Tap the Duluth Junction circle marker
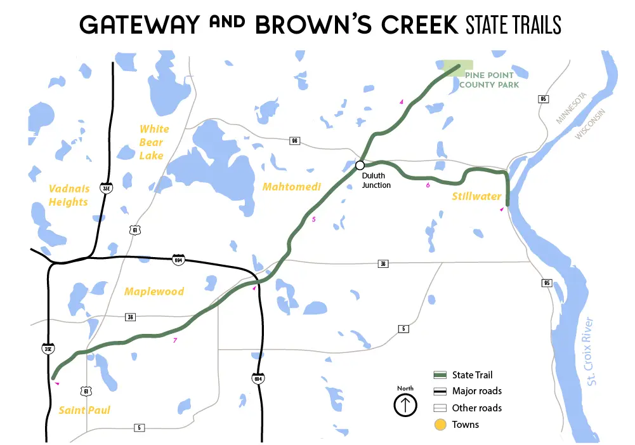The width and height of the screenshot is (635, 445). pos(360,164)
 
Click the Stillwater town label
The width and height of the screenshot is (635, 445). pos(476,196)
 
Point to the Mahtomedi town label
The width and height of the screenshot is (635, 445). pos(292,187)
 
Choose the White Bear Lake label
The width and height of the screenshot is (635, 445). pos(154,142)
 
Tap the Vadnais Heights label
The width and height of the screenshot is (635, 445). pos(68,195)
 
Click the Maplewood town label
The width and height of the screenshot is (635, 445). pos(154,292)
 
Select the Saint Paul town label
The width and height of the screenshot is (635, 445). pos(84,410)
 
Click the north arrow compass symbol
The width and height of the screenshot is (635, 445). pos(405,404)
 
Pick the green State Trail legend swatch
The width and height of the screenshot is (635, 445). pos(440,375)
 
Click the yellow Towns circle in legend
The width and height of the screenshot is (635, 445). pos(440,425)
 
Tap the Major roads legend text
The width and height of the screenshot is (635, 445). pos(476,391)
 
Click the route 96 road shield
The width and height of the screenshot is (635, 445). pos(294,141)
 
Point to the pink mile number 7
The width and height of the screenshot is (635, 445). pos(174,341)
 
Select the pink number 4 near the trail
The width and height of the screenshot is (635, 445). pos(401,102)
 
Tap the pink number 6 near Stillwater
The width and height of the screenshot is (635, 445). pos(428,185)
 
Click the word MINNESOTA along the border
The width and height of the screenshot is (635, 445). pos(573,108)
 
